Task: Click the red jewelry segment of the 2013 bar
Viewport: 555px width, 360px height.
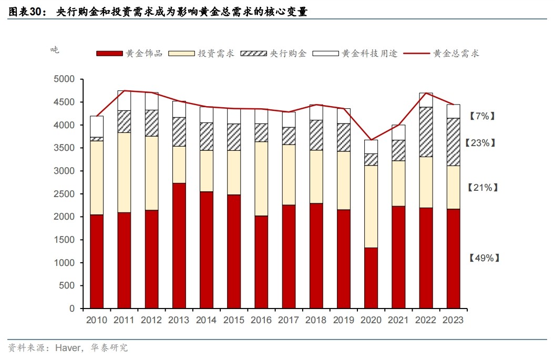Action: click(179, 245)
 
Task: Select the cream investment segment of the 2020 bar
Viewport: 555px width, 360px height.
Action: click(371, 207)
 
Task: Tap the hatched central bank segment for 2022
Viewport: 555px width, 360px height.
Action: click(426, 132)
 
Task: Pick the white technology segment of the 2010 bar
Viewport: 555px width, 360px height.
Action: click(97, 126)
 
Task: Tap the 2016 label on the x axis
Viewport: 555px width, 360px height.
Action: click(261, 320)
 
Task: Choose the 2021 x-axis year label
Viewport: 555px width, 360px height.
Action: click(398, 320)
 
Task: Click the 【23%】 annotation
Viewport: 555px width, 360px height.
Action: click(481, 143)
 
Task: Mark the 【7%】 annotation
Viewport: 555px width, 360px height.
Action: click(481, 116)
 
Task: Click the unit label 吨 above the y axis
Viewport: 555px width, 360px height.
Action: click(55, 50)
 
